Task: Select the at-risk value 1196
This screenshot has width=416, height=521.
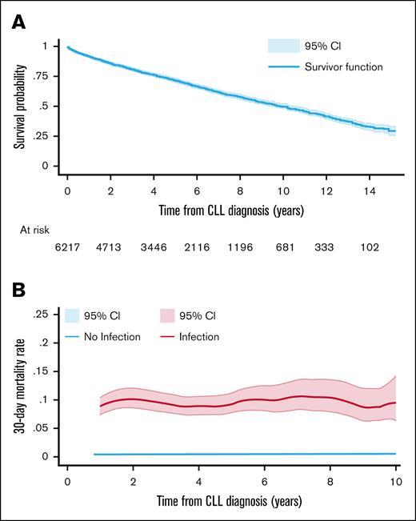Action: (x=241, y=249)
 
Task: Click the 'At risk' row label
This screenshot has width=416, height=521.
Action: (x=35, y=229)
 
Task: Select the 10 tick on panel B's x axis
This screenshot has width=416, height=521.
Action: (x=394, y=483)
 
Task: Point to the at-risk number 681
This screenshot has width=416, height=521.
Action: (x=285, y=249)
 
